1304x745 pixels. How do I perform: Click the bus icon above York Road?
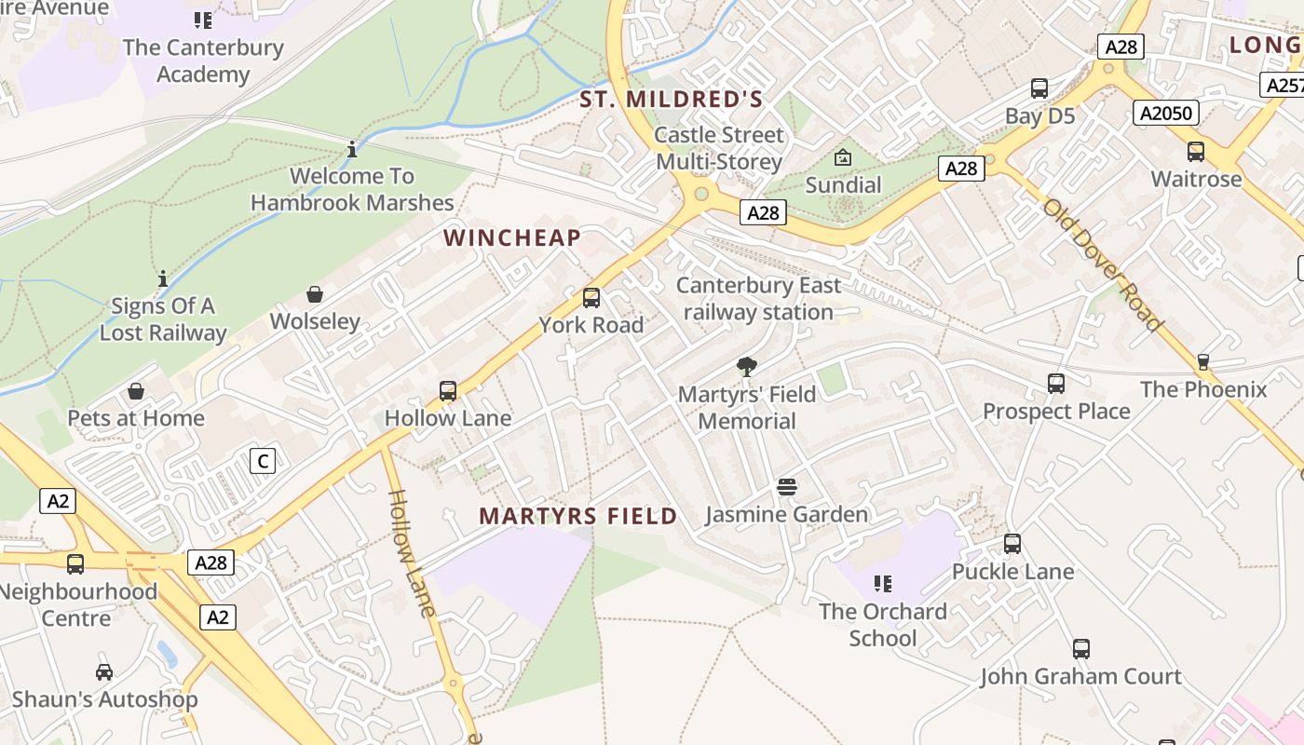click(591, 298)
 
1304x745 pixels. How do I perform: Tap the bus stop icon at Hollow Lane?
click(448, 391)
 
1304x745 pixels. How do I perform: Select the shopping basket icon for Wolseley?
click(315, 294)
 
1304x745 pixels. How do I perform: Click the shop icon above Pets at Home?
click(136, 391)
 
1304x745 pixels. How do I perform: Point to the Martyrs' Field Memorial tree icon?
click(746, 366)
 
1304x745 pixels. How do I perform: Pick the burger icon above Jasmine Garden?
click(787, 487)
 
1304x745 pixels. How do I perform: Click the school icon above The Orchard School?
click(882, 584)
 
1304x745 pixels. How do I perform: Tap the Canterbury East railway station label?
click(758, 299)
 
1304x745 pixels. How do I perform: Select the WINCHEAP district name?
click(512, 237)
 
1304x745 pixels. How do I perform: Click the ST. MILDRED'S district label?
click(672, 100)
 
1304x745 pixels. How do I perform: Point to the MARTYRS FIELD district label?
click(578, 516)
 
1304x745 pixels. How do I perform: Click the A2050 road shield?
click(1165, 114)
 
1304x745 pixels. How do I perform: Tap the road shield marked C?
click(263, 460)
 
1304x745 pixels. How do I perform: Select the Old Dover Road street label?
click(1103, 264)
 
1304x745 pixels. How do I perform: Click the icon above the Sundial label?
click(843, 157)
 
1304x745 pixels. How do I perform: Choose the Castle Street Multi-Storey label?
click(719, 148)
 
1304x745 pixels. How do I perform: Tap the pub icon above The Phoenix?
click(1202, 361)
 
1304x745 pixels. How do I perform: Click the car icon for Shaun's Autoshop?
click(104, 671)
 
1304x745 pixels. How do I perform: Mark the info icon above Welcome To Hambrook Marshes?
click(352, 149)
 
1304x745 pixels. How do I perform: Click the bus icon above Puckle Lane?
click(1012, 544)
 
